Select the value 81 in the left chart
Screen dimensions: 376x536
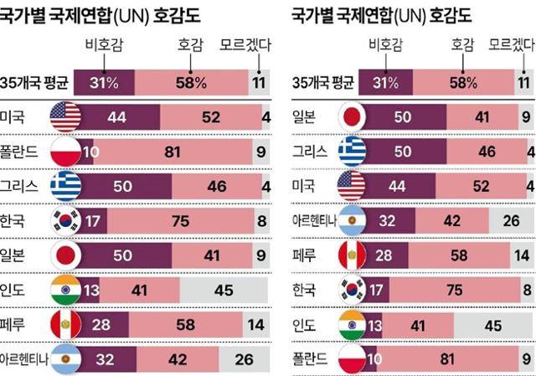click(198, 152)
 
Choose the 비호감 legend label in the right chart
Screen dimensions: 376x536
click(382, 44)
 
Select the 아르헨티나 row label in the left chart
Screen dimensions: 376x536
click(25, 358)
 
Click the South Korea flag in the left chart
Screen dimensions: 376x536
click(65, 220)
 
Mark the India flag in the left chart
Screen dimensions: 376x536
click(65, 289)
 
